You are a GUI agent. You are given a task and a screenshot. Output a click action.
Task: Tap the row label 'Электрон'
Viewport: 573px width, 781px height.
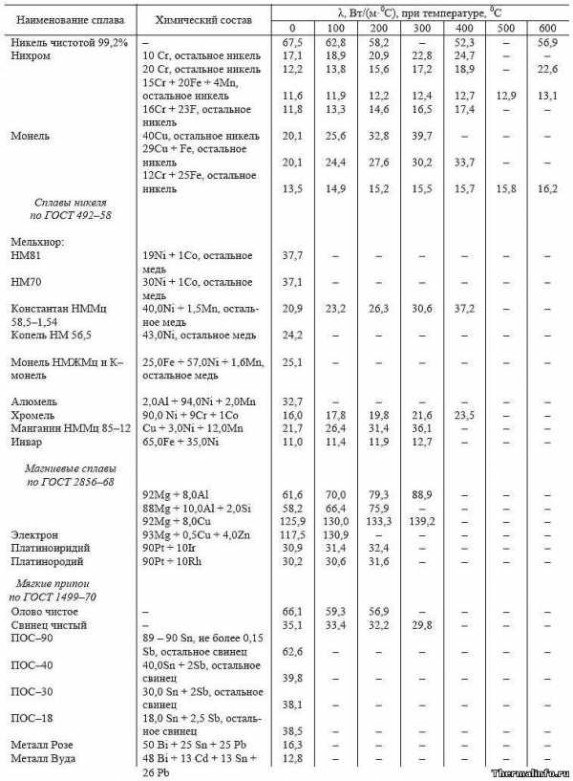tap(36, 534)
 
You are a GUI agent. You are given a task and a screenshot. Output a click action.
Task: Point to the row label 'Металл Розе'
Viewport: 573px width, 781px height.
tap(41, 744)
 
